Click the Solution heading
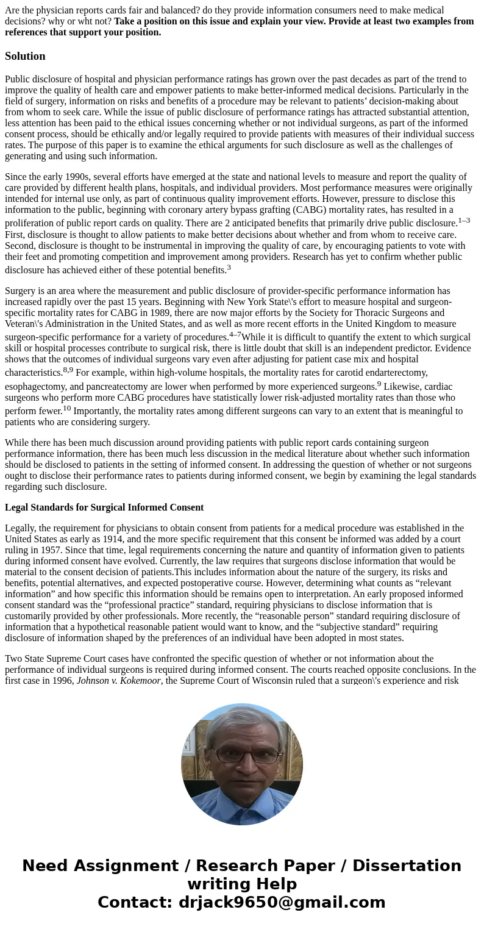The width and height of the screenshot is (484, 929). coord(25,56)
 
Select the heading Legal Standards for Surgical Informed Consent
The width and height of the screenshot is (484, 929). coord(104,508)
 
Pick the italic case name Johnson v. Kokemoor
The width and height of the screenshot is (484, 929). coord(118,681)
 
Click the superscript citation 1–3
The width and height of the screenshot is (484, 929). coord(463,221)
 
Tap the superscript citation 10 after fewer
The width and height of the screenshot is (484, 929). coord(67,408)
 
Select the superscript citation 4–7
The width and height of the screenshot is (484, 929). coord(235,334)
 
